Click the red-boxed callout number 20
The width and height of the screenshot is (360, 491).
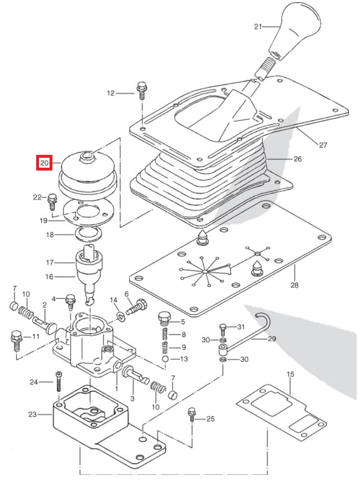[44, 164]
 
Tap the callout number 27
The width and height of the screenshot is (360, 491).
[322, 145]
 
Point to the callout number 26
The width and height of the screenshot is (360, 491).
[297, 159]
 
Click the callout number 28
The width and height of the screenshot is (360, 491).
[294, 285]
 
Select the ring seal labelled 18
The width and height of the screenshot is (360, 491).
[87, 232]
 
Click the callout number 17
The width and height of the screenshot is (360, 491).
[49, 262]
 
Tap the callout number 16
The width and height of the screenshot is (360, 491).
[49, 276]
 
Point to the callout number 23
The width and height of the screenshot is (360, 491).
[32, 415]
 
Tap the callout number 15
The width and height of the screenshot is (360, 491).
[290, 374]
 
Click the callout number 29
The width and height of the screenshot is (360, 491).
[272, 339]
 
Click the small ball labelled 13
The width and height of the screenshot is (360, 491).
[165, 359]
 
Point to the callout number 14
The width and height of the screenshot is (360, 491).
[114, 300]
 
